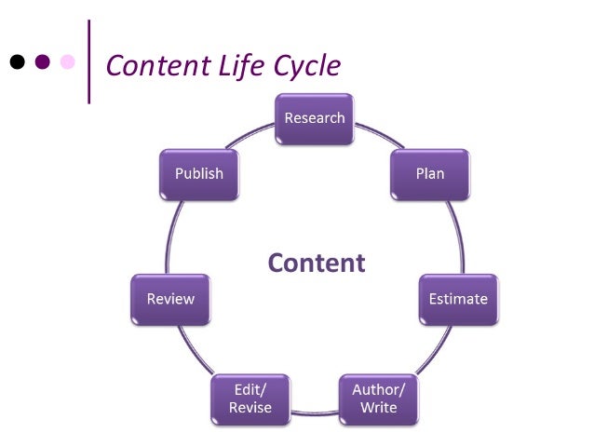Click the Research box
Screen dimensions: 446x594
[x=315, y=118]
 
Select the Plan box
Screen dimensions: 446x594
[x=430, y=174]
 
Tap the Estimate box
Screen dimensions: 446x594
[x=457, y=299]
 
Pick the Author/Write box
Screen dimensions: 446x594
[x=378, y=399]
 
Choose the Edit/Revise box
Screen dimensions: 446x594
[x=250, y=399]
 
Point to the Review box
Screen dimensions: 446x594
[x=170, y=299]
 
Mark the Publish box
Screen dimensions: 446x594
[x=199, y=174]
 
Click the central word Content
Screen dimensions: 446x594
[x=317, y=263]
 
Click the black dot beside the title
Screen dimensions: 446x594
[x=17, y=62]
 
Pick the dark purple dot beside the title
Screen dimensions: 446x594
[x=42, y=62]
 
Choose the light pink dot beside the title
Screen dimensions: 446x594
[x=67, y=62]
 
